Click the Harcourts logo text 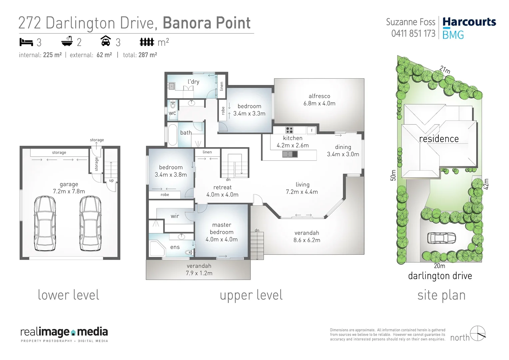click(x=469, y=22)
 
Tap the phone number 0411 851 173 click(x=413, y=34)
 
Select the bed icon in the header click(x=26, y=42)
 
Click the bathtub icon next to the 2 click(x=67, y=41)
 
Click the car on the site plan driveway click(x=442, y=238)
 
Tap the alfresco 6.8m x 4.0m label click(x=319, y=100)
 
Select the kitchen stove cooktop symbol click(x=289, y=130)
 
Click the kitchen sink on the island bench click(x=290, y=154)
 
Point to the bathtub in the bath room click(x=172, y=135)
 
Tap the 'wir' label click(x=175, y=216)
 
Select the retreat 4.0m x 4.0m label click(x=222, y=191)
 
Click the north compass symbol click(x=478, y=333)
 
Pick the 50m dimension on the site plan click(x=393, y=175)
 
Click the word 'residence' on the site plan click(x=439, y=139)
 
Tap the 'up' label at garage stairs click(x=111, y=180)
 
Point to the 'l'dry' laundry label click(x=193, y=81)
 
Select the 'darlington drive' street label click(x=440, y=276)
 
